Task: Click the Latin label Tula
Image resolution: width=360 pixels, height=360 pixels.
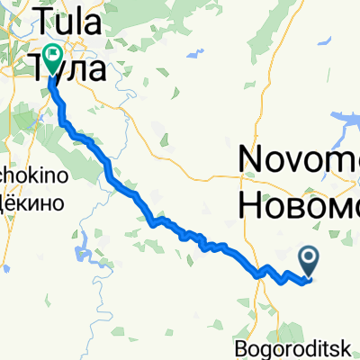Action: coord(70,18)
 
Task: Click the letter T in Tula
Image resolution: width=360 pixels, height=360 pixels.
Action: coord(42,18)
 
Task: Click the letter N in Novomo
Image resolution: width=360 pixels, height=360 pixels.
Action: coord(251,161)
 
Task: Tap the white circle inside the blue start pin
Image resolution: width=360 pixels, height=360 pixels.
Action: coord(309,259)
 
